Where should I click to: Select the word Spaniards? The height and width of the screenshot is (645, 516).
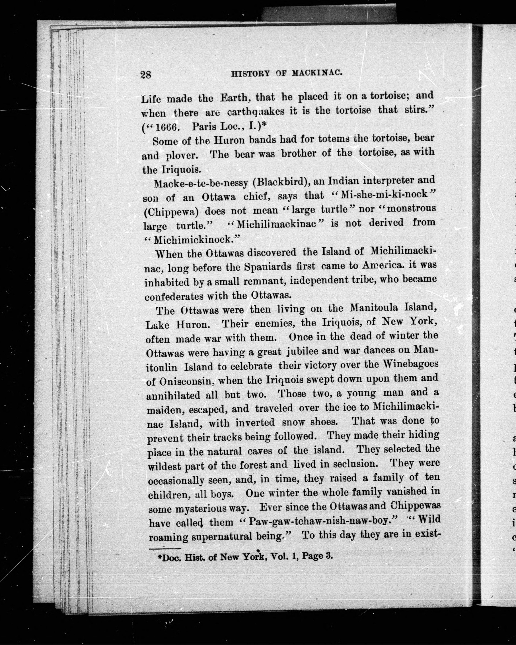(x=268, y=266)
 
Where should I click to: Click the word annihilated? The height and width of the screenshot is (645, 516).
(x=173, y=395)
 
